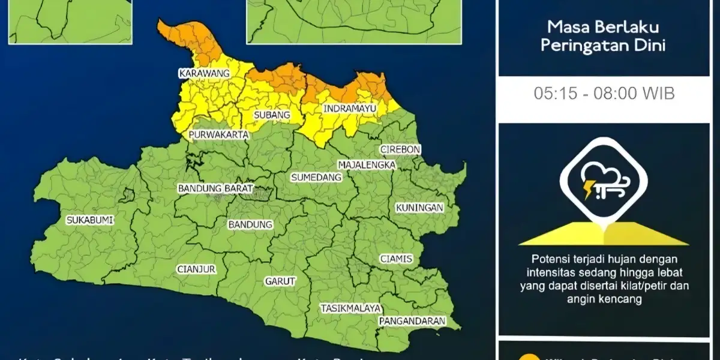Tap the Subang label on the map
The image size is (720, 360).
tap(272, 115)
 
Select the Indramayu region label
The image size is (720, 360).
tap(350, 109)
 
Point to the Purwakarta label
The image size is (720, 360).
tap(218, 134)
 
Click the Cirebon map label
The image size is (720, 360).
tap(400, 149)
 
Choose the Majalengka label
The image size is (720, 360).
tap(367, 164)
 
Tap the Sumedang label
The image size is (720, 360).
tap(316, 177)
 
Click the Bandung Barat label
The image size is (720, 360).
tap(215, 188)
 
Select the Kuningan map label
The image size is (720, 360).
tap(419, 208)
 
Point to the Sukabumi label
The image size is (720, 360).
tap(90, 220)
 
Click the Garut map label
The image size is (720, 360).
tap(280, 281)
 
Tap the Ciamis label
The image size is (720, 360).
tap(396, 259)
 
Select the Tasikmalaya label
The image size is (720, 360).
tap(350, 308)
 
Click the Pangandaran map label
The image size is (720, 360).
tap(412, 321)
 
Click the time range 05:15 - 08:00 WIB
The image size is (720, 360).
tap(604, 94)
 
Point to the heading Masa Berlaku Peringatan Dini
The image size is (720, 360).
tap(604, 36)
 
